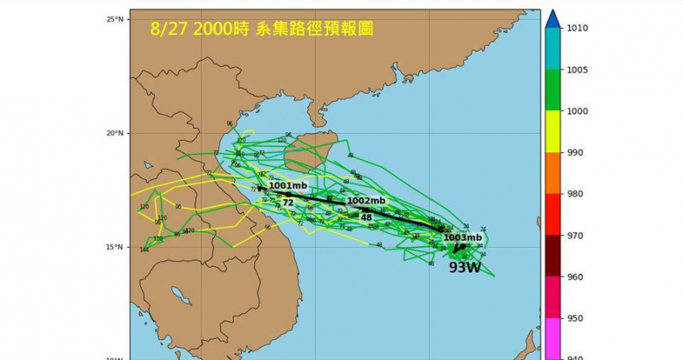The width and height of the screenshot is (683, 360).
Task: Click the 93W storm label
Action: (464, 268)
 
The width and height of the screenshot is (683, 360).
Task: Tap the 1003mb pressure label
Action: (462, 237)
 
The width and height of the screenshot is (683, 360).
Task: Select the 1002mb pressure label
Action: (366, 201)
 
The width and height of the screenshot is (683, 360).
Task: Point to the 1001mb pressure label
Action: (287, 186)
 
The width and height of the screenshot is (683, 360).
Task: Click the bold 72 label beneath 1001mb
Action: (287, 202)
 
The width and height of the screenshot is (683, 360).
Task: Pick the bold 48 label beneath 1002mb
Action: (366, 217)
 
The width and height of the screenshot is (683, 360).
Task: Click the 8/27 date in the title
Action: (168, 29)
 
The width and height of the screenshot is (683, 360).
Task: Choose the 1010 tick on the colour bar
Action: (577, 28)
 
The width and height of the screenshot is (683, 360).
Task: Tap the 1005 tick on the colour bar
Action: (577, 70)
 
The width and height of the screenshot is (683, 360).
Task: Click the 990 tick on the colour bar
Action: (577, 152)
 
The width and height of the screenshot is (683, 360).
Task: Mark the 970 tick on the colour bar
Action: (577, 235)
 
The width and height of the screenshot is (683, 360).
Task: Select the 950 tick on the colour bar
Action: (577, 319)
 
